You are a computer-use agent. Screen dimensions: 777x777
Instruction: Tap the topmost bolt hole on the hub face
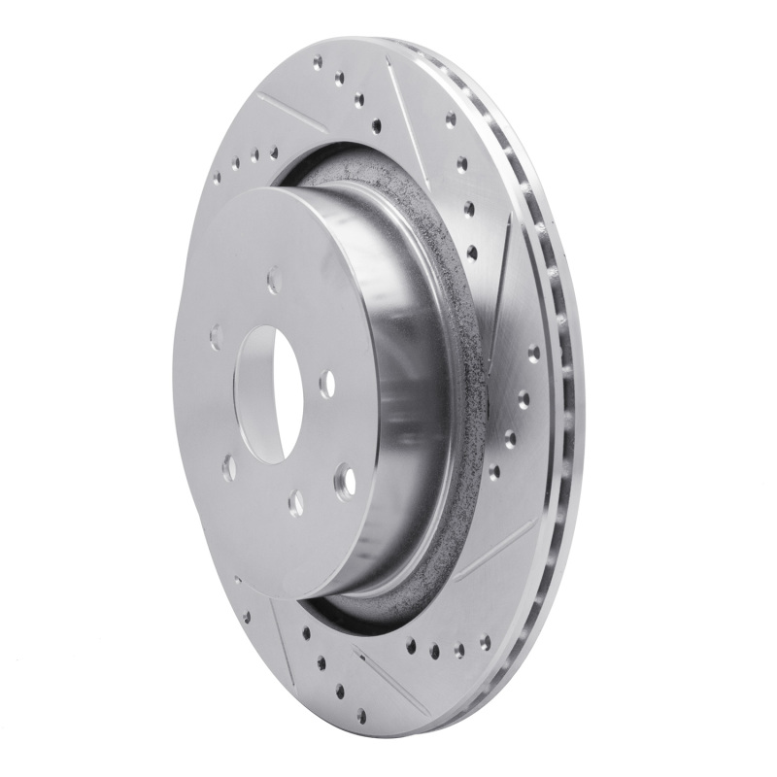coord(274,281)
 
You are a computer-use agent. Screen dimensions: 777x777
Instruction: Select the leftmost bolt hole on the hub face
coord(216,336)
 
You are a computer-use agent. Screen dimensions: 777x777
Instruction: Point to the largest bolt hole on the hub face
coord(344,477)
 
